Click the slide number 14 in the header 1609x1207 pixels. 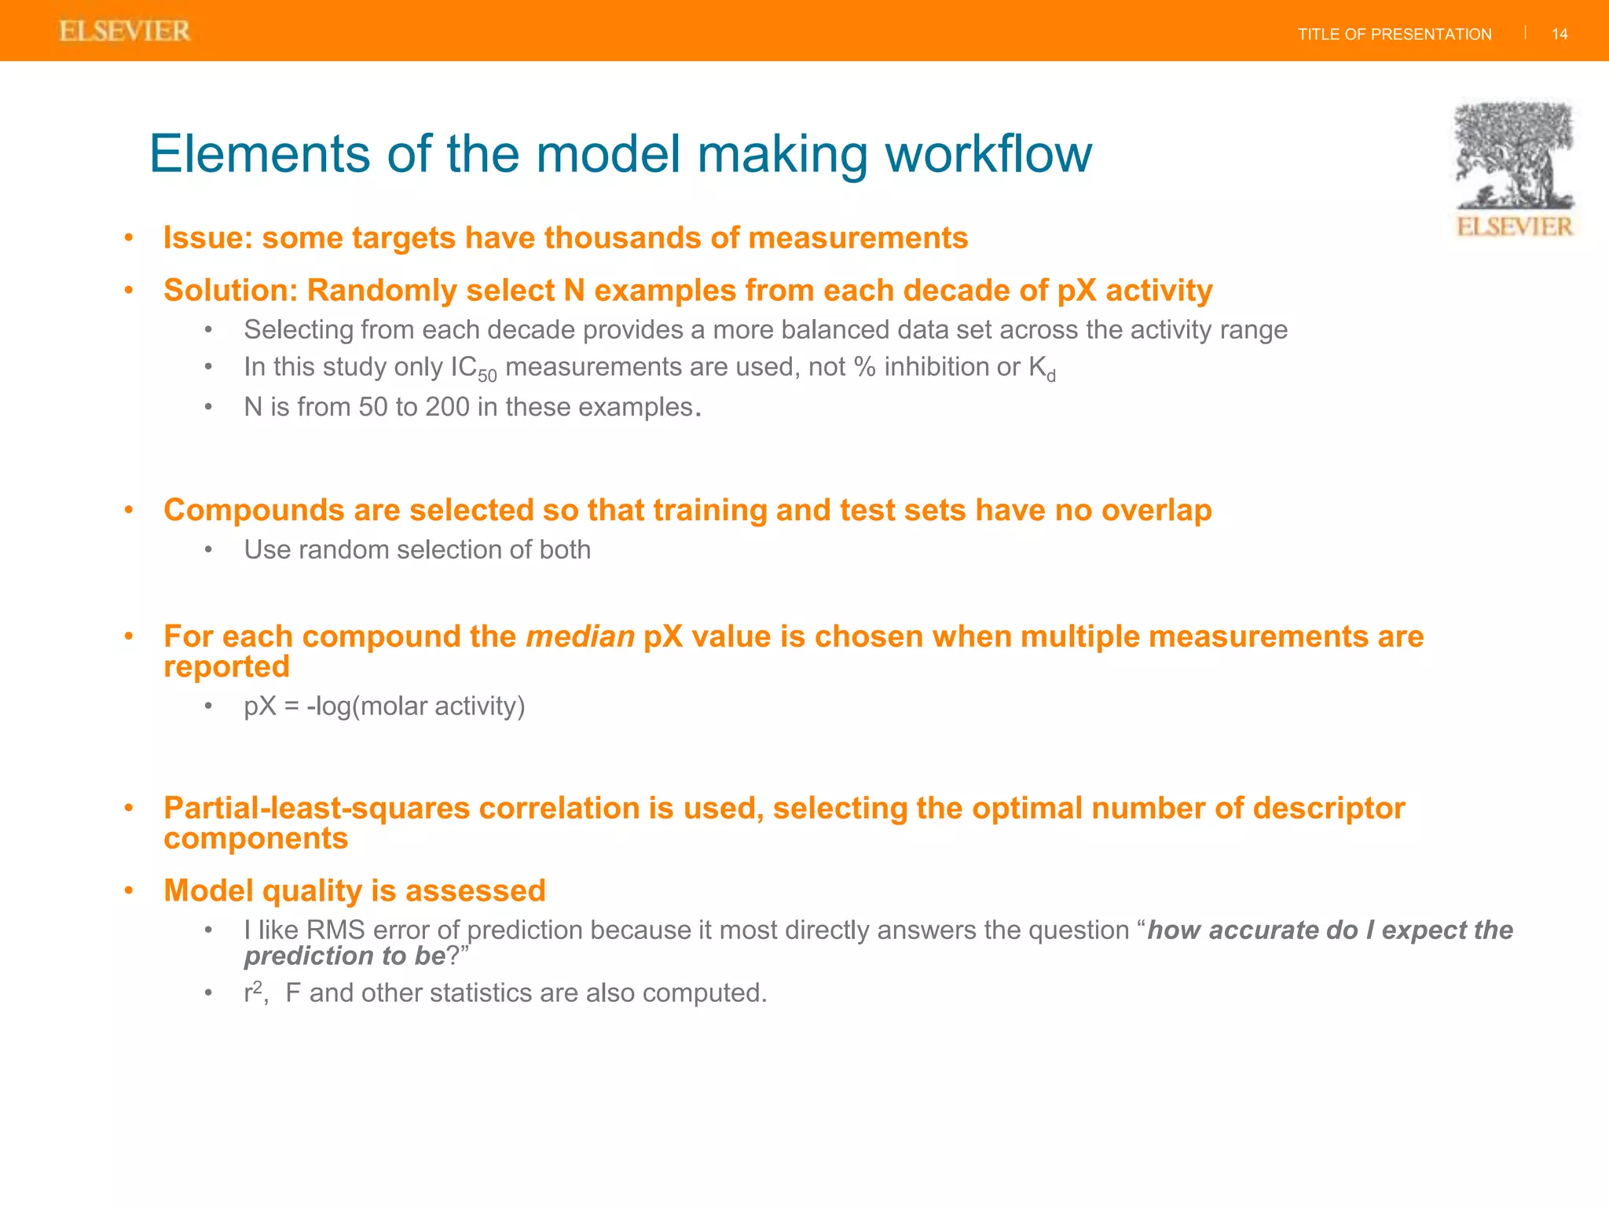[x=1560, y=34]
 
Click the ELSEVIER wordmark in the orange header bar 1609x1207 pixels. [x=124, y=31]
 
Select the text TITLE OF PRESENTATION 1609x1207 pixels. [x=1394, y=35]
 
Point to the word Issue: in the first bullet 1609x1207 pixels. [x=207, y=238]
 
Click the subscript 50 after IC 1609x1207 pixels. [x=487, y=376]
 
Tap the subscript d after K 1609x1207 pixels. [x=1051, y=376]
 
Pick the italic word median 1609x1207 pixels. [x=580, y=637]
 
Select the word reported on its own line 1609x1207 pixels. [x=226, y=666]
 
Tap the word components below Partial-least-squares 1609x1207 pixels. [x=255, y=838]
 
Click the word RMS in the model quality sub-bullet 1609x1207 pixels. [x=335, y=930]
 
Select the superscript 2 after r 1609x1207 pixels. [x=258, y=987]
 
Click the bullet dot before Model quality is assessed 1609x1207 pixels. [x=129, y=891]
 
